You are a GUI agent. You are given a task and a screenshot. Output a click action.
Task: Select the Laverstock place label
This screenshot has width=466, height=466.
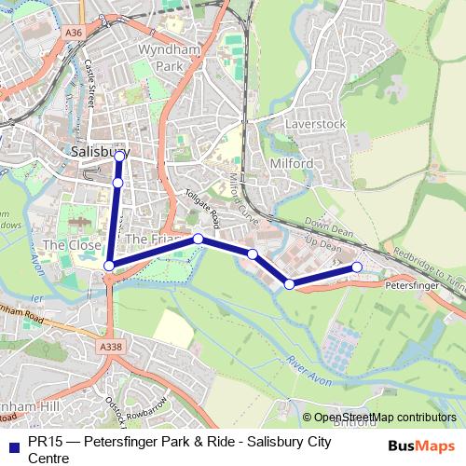point(315,123)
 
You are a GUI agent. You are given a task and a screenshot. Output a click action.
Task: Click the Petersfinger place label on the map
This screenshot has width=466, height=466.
point(411,278)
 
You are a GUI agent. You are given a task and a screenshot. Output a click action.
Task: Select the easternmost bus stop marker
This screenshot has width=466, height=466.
point(357,268)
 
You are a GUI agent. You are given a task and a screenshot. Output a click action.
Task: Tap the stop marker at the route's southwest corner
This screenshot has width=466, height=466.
point(109,266)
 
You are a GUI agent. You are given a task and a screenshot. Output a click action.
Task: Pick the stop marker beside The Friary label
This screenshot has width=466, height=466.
point(199,239)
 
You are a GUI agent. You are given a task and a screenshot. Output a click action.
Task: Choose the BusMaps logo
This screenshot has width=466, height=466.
point(422,445)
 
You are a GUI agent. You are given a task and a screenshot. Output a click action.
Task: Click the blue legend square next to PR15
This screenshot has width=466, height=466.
point(13,445)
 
